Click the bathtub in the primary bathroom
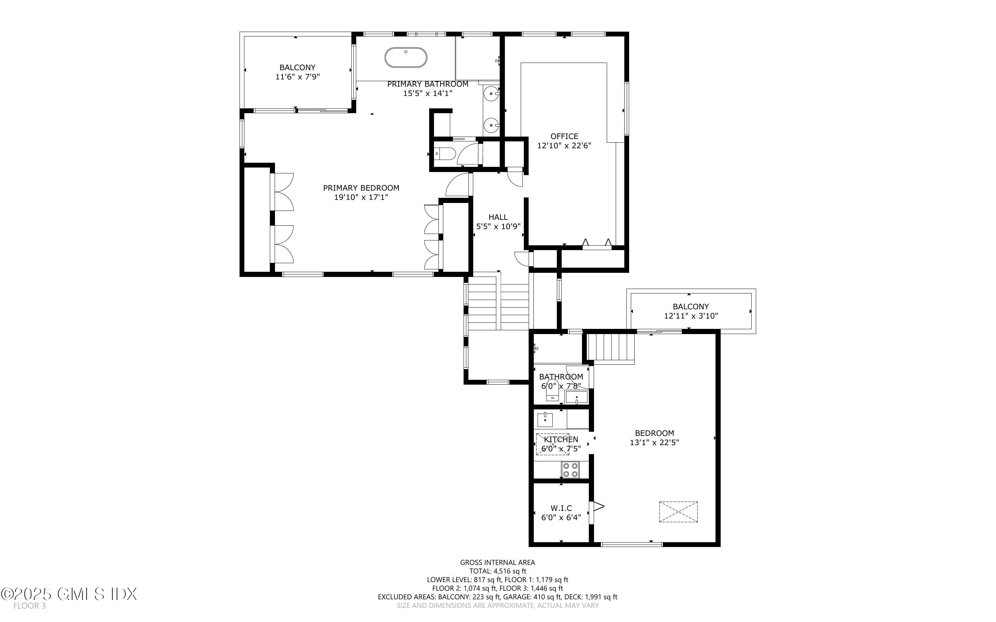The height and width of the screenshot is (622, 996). point(406,57)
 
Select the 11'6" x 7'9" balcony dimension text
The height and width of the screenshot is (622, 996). point(297,77)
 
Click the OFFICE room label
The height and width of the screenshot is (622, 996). point(564,136)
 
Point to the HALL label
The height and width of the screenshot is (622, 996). point(498,217)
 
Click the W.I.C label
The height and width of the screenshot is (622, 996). point(561,508)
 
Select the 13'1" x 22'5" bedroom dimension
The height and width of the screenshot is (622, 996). point(654,443)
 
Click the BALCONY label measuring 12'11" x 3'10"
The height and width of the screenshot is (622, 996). point(691,307)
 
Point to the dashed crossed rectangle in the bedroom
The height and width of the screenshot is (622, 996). point(678,512)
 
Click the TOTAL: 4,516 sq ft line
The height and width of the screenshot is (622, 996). point(498,571)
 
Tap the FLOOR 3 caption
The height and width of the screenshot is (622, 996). point(29,606)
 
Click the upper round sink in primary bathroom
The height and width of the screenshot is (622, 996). point(491,94)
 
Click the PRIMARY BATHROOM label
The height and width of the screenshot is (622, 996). point(427,84)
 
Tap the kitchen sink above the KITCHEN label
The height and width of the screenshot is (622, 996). point(545,420)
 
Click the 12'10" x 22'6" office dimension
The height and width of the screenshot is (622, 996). point(564,146)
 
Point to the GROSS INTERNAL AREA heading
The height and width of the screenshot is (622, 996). point(497,562)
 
